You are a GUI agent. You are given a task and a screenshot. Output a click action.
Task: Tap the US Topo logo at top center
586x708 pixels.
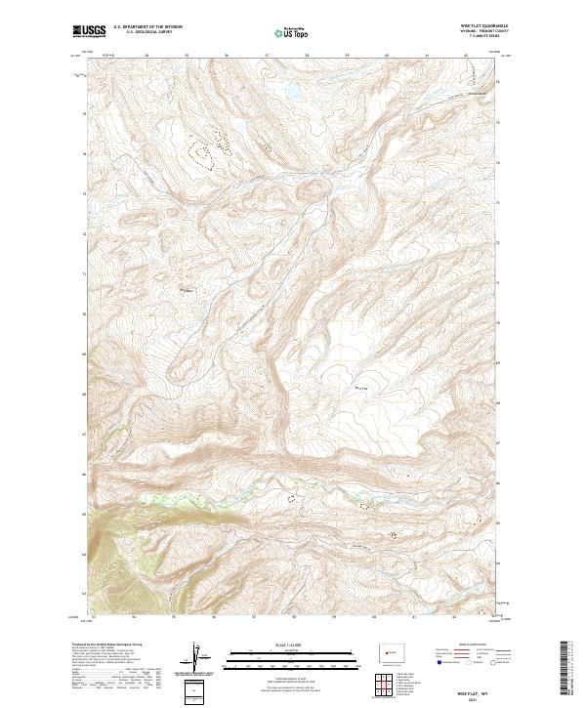pos(292,32)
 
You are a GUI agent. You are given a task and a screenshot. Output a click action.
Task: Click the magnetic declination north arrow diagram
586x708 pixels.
pos(197,658)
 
